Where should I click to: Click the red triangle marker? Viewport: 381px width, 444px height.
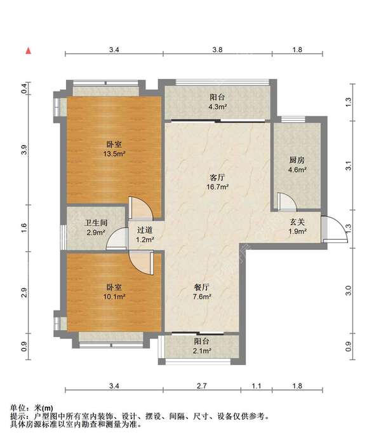coord(29,50)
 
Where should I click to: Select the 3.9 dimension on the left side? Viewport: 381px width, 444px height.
coord(24,151)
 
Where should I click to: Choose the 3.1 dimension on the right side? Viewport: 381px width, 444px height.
coord(347,166)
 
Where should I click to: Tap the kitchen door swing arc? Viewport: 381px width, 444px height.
coord(286,202)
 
